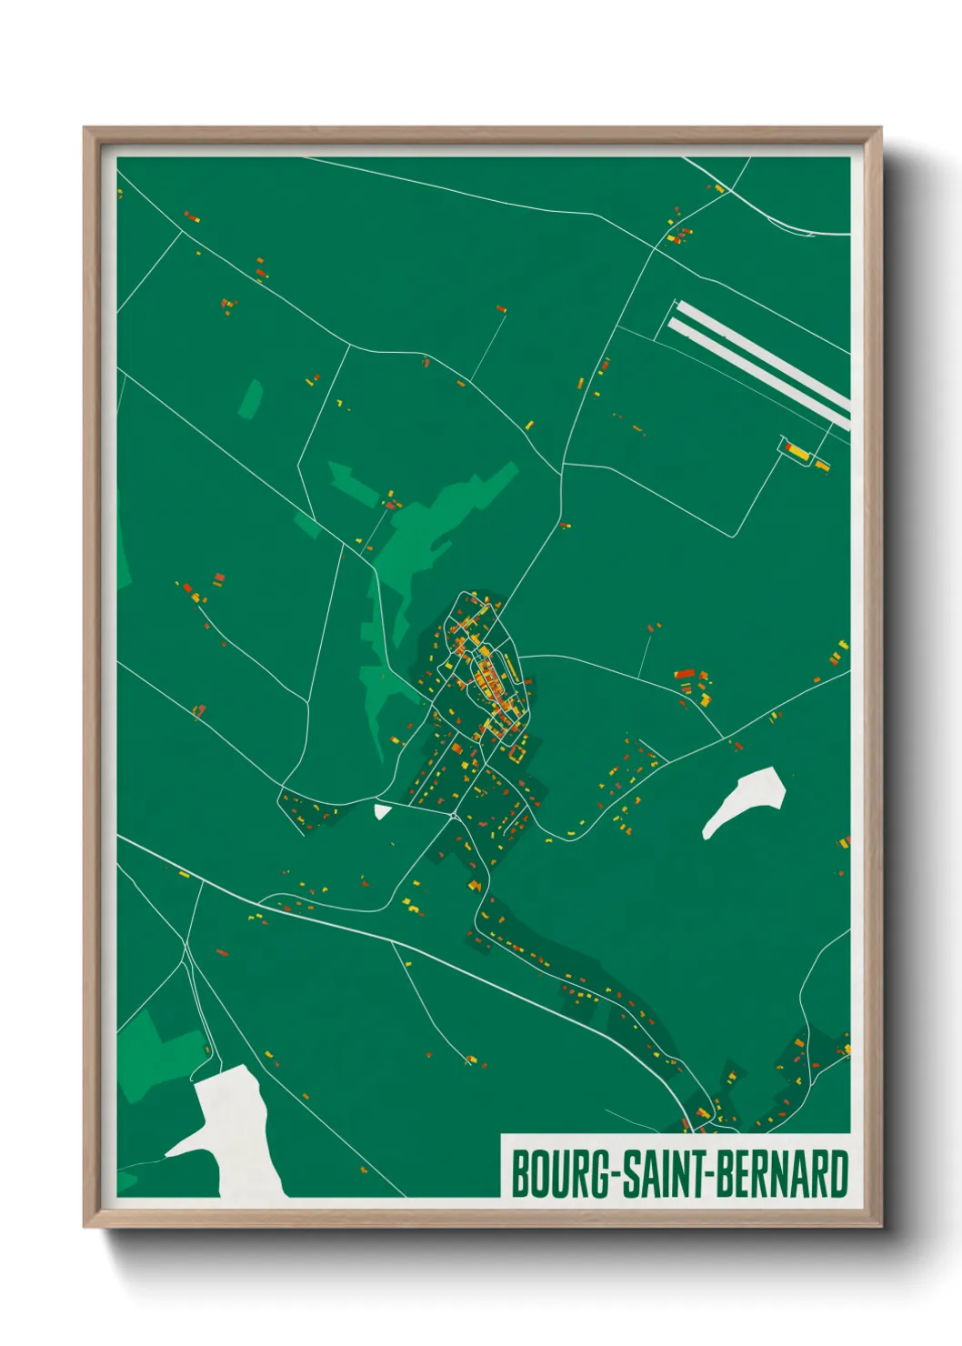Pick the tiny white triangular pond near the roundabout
tap(382, 809)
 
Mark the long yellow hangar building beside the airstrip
tap(797, 449)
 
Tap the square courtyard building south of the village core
tap(517, 752)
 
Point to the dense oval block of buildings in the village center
tap(486, 678)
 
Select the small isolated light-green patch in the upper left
tap(251, 398)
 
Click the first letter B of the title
tap(521, 1174)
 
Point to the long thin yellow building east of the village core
tap(513, 671)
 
